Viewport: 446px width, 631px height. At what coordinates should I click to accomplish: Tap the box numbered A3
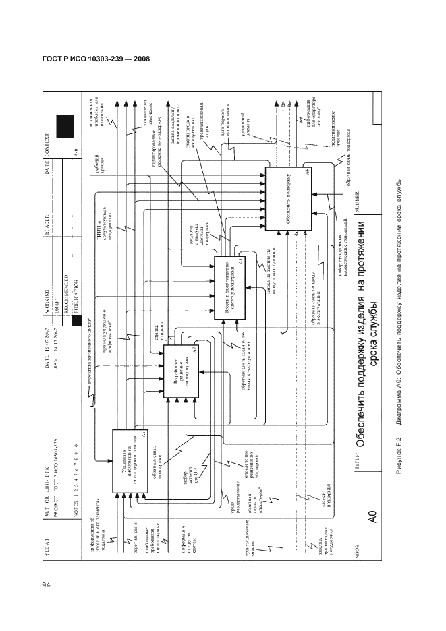point(231,284)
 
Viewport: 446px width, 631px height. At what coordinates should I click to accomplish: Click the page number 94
point(46,584)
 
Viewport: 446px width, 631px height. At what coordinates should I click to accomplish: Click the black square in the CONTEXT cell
point(64,126)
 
